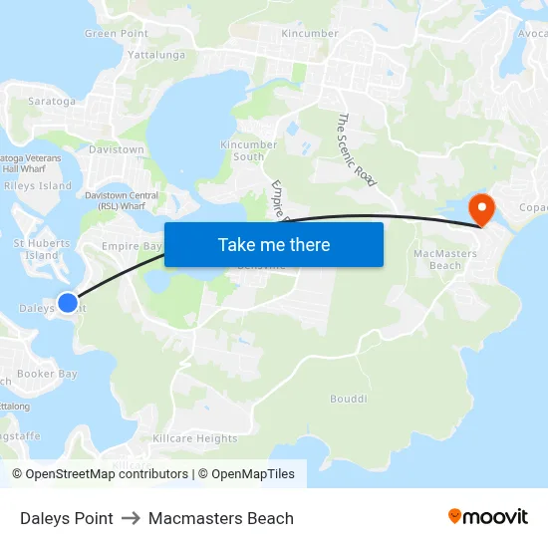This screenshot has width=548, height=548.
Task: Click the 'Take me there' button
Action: (x=273, y=244)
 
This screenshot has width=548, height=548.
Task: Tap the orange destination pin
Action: (x=482, y=209)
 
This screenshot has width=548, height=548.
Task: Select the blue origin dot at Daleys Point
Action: (x=67, y=302)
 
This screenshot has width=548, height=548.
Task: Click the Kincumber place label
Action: (x=309, y=33)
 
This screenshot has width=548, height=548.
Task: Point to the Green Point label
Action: (x=117, y=33)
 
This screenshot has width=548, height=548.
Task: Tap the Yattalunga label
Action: (x=156, y=55)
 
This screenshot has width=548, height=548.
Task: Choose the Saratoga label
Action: (x=51, y=101)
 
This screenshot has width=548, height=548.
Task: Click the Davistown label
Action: (x=118, y=149)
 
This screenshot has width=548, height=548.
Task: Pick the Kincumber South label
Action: (x=248, y=150)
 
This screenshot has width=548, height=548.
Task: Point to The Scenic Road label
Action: (x=356, y=149)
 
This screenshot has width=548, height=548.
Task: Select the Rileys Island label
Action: (x=38, y=185)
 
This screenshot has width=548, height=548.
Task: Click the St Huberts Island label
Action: (x=42, y=248)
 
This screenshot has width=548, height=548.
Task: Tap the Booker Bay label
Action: (x=47, y=374)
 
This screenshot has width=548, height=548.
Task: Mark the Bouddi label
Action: (x=348, y=399)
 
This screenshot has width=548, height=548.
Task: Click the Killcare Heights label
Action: (x=195, y=438)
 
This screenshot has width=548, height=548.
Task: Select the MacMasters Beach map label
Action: (x=444, y=259)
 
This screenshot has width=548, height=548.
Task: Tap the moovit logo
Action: (x=487, y=516)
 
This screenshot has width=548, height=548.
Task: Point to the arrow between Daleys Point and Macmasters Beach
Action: (x=131, y=518)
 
